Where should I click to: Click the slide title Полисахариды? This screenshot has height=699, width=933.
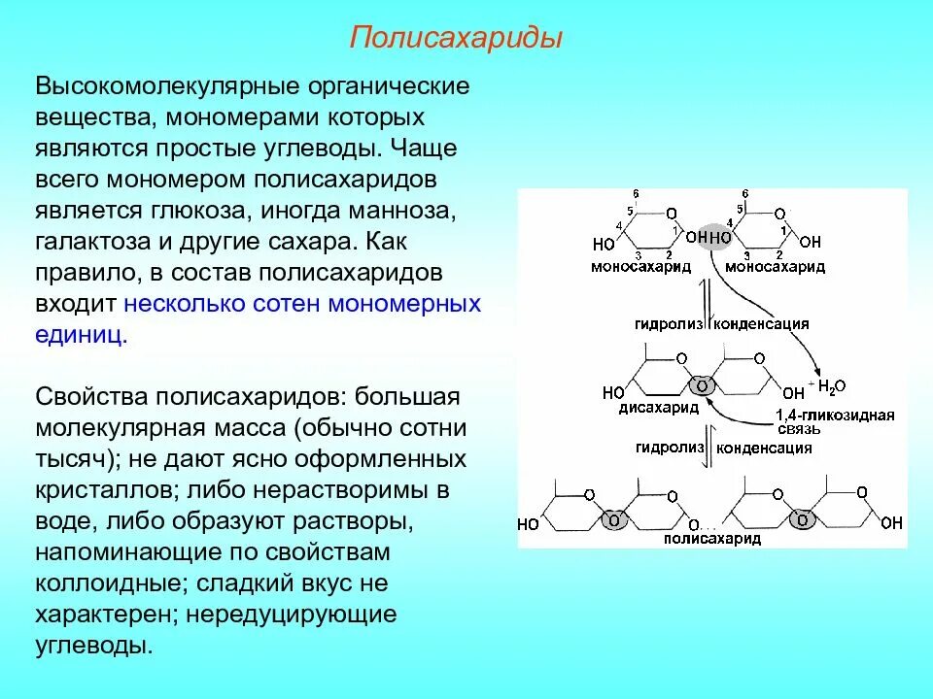[457, 40]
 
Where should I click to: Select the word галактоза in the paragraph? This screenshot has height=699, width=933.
[95, 242]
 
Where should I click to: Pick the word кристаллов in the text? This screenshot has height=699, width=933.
[94, 490]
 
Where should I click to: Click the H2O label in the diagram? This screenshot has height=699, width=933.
[832, 386]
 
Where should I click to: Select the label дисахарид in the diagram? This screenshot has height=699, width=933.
[652, 409]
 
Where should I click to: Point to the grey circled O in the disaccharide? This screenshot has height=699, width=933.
[707, 385]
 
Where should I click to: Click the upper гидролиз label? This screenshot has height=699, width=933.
[670, 323]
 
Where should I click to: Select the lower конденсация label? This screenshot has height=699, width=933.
[764, 449]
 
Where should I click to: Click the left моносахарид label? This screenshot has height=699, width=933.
[640, 266]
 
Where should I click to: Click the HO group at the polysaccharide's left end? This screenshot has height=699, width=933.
[528, 524]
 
